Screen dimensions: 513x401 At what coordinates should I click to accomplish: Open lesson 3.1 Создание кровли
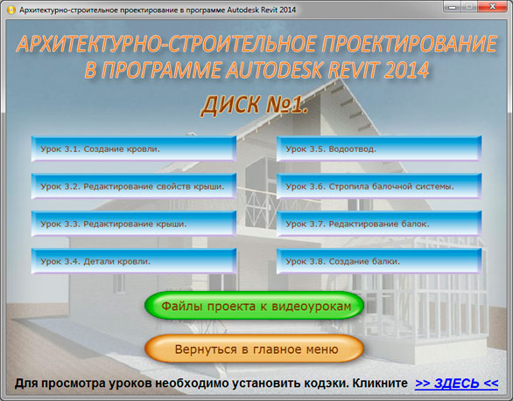(134, 149)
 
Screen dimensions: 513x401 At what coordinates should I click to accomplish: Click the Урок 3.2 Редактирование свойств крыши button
(134, 186)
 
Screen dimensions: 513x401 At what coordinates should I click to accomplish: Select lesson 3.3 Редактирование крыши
(134, 224)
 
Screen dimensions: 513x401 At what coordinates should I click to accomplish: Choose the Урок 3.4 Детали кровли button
(134, 261)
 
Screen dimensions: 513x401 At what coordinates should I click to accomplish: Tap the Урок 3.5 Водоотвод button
(379, 149)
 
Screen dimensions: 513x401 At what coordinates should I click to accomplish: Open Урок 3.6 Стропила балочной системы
(379, 186)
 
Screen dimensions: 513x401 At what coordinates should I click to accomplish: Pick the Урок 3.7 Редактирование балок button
(379, 224)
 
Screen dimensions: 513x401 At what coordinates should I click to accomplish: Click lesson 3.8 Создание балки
(379, 261)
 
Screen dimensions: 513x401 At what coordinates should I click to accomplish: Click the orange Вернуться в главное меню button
(254, 349)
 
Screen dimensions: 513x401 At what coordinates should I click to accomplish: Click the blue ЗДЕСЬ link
(456, 383)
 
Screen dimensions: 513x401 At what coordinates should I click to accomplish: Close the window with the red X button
(492, 6)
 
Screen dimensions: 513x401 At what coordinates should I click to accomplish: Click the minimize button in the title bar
(453, 6)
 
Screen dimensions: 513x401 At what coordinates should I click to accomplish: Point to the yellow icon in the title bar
(11, 10)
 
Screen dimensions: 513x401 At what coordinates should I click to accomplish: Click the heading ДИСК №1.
(254, 105)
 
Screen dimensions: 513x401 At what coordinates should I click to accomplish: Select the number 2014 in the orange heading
(406, 70)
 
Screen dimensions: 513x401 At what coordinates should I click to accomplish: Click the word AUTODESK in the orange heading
(275, 70)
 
